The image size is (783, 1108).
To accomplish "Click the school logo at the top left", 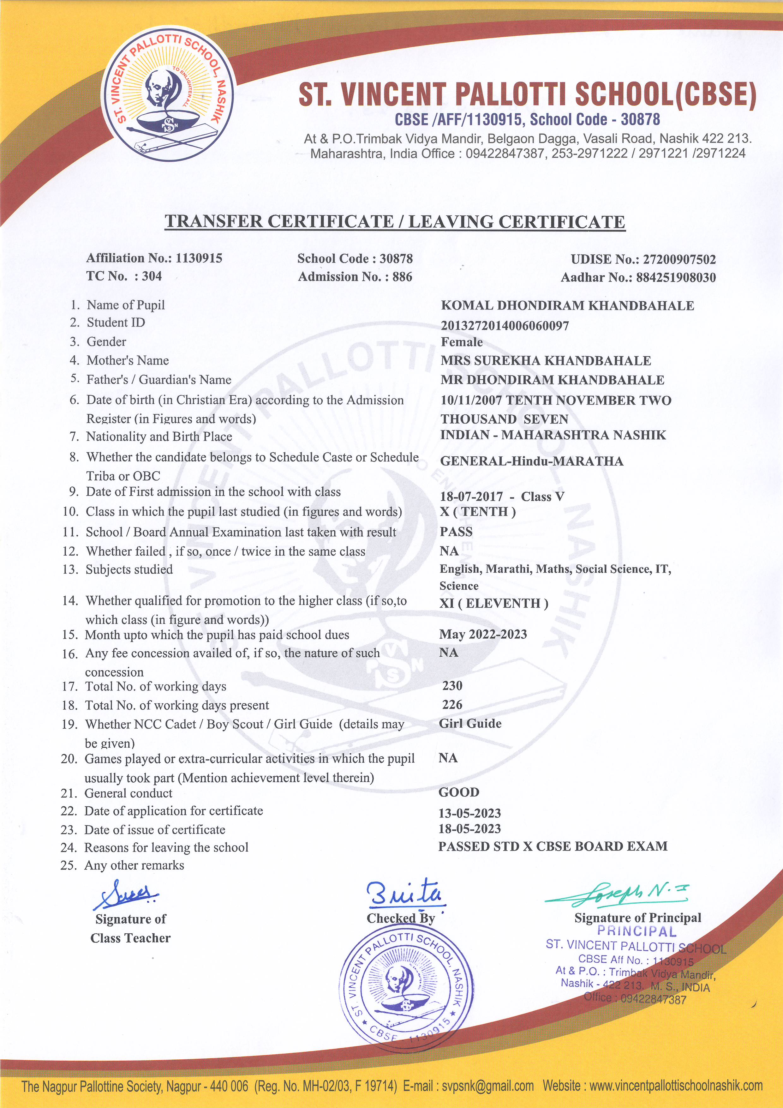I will pyautogui.click(x=168, y=93).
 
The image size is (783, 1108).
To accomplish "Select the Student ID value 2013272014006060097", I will pyautogui.click(x=505, y=326).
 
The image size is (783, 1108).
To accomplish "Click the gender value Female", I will pyautogui.click(x=461, y=342).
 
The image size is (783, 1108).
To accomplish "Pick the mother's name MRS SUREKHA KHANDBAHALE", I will pyautogui.click(x=545, y=360).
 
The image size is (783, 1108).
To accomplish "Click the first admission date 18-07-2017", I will pyautogui.click(x=471, y=497).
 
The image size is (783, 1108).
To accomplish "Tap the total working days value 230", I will pyautogui.click(x=452, y=686).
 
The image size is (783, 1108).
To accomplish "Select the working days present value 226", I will pyautogui.click(x=452, y=705).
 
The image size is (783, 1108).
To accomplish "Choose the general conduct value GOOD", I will pyautogui.click(x=458, y=792).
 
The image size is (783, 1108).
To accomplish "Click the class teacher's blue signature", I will pyautogui.click(x=125, y=895).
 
